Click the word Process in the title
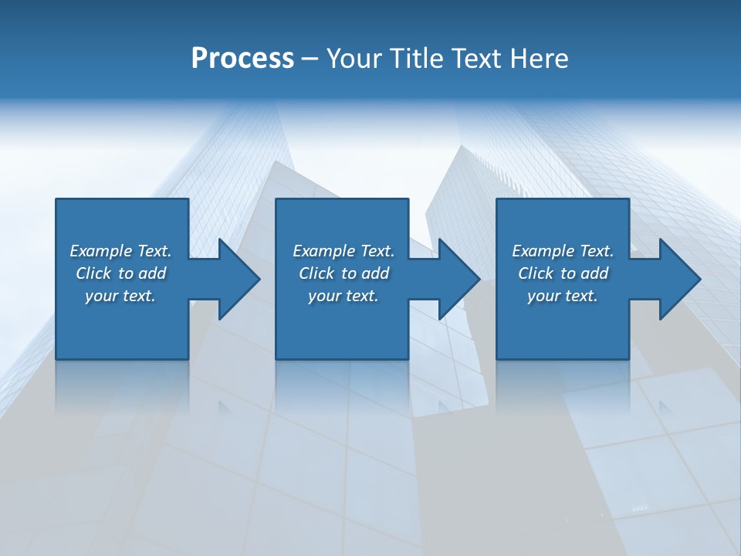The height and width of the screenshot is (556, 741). coord(242,59)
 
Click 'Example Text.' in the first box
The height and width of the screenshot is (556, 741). coord(120,251)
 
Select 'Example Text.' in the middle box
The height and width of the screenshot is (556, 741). coord(343,251)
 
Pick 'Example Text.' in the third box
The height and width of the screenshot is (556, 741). coord(563,251)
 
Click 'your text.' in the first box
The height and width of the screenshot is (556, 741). coord(120,296)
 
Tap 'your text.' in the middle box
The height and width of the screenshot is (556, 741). coord(343,296)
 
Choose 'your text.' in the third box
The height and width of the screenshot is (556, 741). coord(563,296)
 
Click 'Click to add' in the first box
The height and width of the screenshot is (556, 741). coord(120,273)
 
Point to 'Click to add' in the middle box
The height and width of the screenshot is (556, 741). coord(343,273)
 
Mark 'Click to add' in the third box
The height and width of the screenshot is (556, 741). coord(563,273)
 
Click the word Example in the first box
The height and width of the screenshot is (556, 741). coord(101,251)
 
